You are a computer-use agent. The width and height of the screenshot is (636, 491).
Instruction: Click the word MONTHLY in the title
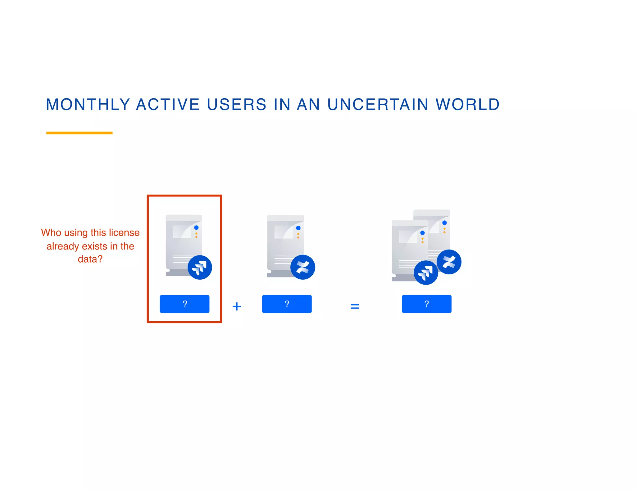pos(88,104)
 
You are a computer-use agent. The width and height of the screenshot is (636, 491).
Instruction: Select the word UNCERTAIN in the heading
pos(378,104)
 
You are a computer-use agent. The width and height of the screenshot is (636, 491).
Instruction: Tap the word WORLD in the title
pos(468,104)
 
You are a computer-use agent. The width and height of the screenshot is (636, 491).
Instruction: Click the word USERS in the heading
pos(237,104)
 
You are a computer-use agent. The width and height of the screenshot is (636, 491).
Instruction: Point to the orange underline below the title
pos(79,133)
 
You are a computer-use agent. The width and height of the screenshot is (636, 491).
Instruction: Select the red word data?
pos(90,259)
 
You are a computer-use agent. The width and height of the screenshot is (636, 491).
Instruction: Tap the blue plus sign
pos(237,306)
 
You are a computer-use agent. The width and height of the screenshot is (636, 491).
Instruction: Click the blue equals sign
pos(355,306)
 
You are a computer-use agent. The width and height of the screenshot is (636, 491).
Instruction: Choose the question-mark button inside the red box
pos(184,304)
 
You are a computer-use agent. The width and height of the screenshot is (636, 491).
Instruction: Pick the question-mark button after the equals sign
pos(426,304)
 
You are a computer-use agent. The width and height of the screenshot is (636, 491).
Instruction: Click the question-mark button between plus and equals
pos(287,304)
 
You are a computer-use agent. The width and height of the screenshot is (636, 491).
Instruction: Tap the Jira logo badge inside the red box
pos(200,267)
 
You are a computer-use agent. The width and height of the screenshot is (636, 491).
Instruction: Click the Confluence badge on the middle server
pos(303,267)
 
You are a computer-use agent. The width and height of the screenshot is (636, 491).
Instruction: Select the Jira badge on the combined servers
pos(426,273)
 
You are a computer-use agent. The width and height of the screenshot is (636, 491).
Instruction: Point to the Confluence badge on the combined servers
pos(449,262)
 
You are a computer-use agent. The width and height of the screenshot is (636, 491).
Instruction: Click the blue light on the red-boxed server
pos(196,227)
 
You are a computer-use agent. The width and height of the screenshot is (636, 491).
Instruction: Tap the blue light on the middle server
pos(298,228)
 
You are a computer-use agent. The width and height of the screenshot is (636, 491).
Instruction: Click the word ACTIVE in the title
pos(168,104)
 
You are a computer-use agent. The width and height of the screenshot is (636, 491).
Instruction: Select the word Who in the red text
pos(51,232)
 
